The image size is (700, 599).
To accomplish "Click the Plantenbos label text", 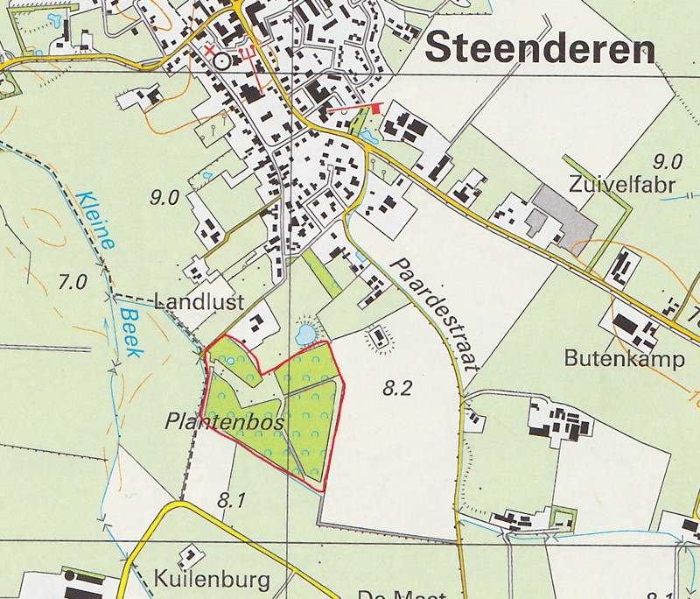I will [226, 422].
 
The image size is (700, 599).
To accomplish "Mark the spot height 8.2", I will [396, 390].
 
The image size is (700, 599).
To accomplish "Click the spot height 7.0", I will [73, 282].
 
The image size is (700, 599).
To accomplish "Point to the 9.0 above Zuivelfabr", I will [668, 160].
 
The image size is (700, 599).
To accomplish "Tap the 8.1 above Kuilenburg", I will [231, 502].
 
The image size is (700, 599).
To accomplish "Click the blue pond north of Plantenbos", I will [305, 334].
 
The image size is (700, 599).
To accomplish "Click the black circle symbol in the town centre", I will [221, 60].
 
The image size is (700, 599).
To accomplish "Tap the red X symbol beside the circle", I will [210, 50].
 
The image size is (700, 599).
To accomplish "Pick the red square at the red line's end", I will [378, 109].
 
